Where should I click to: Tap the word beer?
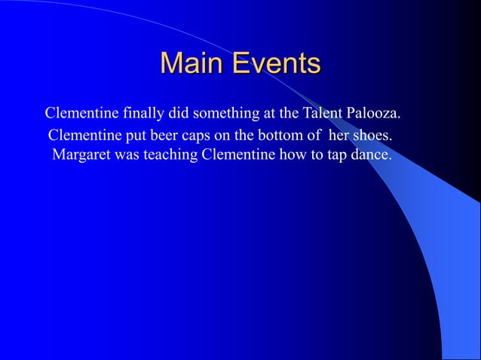pyautogui.click(x=165, y=136)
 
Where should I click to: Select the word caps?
pyautogui.click(x=197, y=136)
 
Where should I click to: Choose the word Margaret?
pyautogui.click(x=81, y=157)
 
